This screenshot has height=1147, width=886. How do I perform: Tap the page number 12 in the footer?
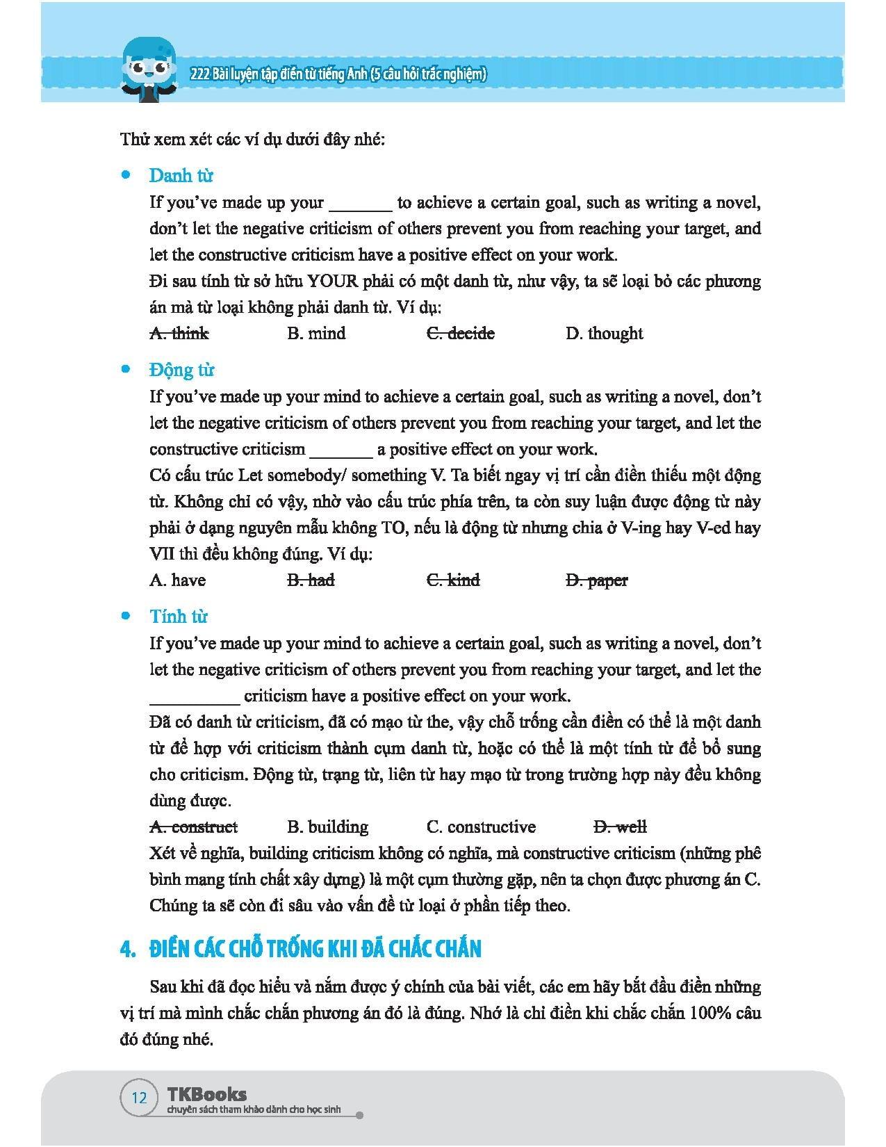139,1097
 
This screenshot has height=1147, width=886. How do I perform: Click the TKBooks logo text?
207,1093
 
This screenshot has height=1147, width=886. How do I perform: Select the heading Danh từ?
181,175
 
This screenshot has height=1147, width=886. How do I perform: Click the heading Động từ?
182,370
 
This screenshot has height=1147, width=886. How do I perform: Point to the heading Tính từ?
179,617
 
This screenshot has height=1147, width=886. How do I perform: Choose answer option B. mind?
316,334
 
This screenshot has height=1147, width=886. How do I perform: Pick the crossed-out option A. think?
179,334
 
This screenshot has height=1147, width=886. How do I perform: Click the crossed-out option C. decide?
460,334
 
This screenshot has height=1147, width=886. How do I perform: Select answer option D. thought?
604,334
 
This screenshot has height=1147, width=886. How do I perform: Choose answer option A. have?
177,580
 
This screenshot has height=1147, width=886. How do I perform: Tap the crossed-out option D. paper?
597,580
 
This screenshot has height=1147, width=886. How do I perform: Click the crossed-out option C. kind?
453,580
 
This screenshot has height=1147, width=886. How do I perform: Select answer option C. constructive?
481,827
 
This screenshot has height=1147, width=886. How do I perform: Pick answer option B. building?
327,827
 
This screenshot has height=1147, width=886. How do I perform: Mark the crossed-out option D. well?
621,827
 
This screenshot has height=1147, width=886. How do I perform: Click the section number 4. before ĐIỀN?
127,950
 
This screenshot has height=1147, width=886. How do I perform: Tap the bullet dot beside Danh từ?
126,175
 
